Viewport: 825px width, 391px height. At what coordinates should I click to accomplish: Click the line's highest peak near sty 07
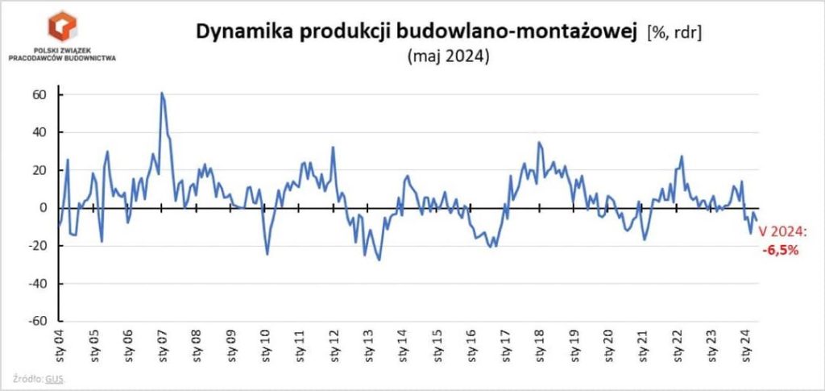[x=161, y=93]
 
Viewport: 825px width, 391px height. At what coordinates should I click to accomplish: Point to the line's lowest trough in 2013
[x=379, y=260]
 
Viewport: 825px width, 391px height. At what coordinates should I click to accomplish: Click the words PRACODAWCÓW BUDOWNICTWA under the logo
[x=62, y=59]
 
